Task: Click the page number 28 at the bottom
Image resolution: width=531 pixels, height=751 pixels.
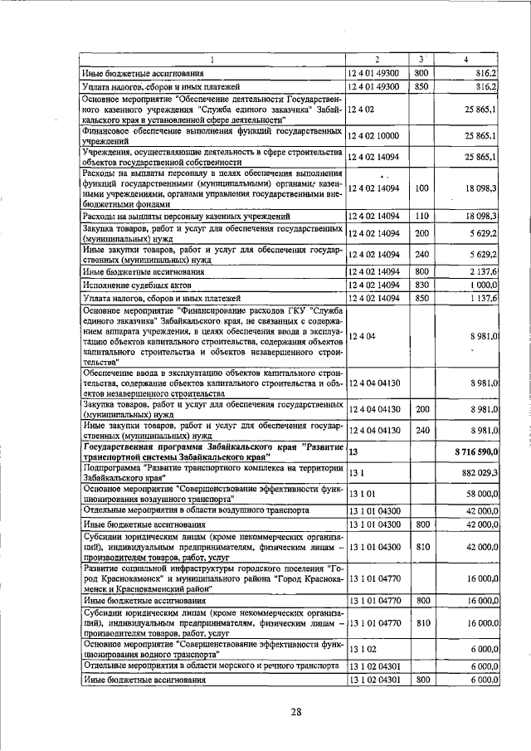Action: pos(296,710)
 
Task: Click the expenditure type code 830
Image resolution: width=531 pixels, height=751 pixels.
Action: pos(421,284)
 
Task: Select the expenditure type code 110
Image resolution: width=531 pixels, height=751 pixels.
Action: pos(421,216)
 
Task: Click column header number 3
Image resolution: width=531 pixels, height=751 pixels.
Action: pos(421,59)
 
